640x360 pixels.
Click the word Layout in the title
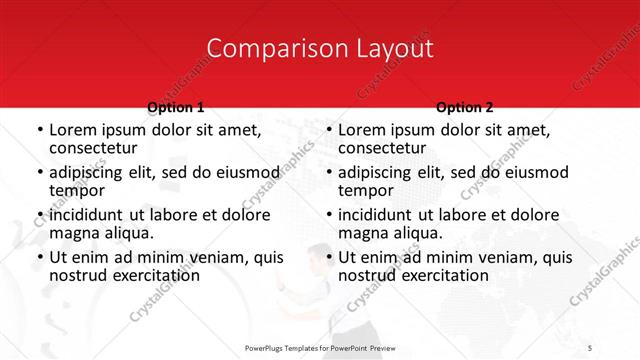point(385,48)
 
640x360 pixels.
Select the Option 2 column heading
point(465,107)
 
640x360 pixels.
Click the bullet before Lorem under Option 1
point(39,130)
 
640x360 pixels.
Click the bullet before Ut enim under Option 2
point(329,257)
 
